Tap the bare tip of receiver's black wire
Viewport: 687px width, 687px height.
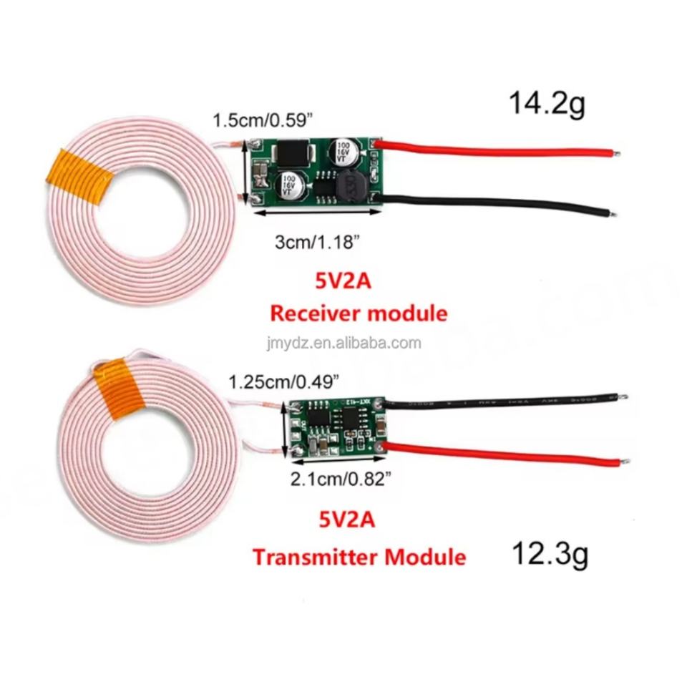611,212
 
